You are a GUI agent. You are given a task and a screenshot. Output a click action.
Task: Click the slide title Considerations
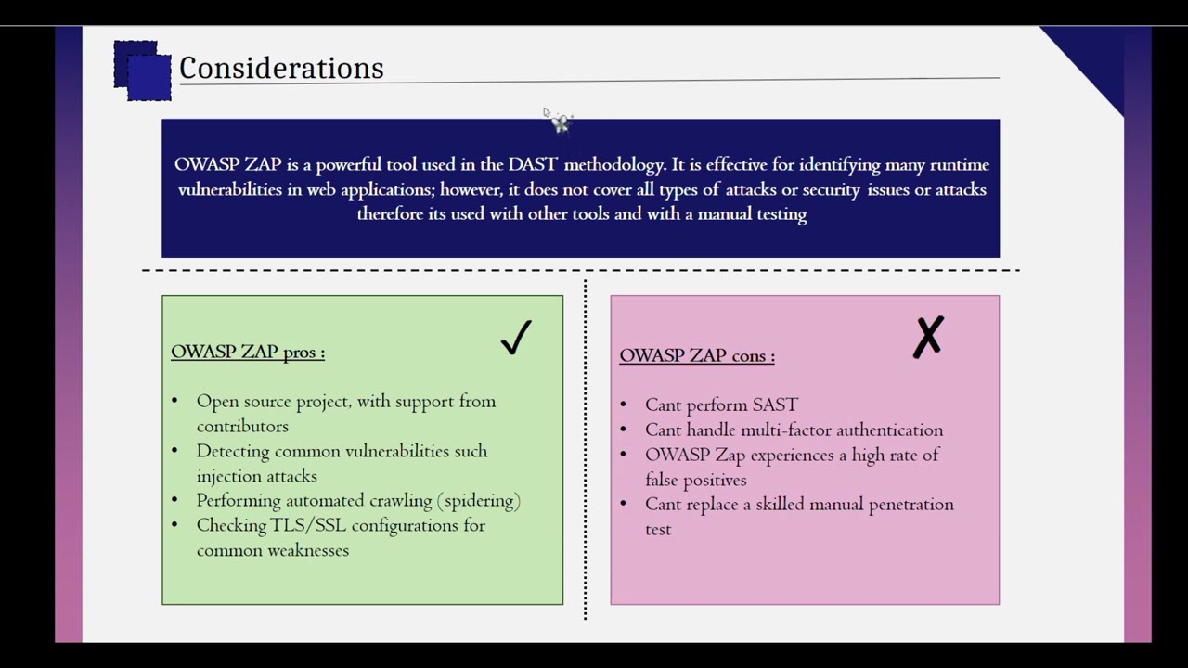coord(281,68)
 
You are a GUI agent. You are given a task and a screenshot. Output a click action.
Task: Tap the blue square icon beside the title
coord(143,71)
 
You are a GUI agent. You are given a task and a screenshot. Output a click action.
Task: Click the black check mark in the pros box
coord(516,338)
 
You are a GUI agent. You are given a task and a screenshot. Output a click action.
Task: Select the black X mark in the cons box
coord(928,337)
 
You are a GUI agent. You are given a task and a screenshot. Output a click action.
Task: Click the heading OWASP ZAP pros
coord(248,352)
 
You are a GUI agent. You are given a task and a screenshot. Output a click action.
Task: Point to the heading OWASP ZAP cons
coord(696,355)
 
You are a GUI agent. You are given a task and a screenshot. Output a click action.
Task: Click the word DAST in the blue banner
coord(533,164)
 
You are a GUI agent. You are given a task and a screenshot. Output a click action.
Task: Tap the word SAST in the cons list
coord(775,405)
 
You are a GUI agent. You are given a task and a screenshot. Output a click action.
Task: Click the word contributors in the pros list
coord(242,426)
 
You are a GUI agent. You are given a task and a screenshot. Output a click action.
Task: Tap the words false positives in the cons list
coord(696,480)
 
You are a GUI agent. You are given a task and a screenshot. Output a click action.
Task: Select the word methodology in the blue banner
coord(613,164)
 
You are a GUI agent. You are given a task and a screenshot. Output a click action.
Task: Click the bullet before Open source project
coord(174,402)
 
